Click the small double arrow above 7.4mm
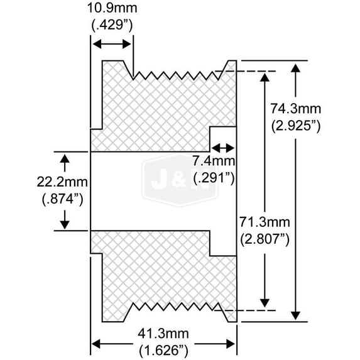coord(222,148)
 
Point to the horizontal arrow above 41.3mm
coord(164,344)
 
